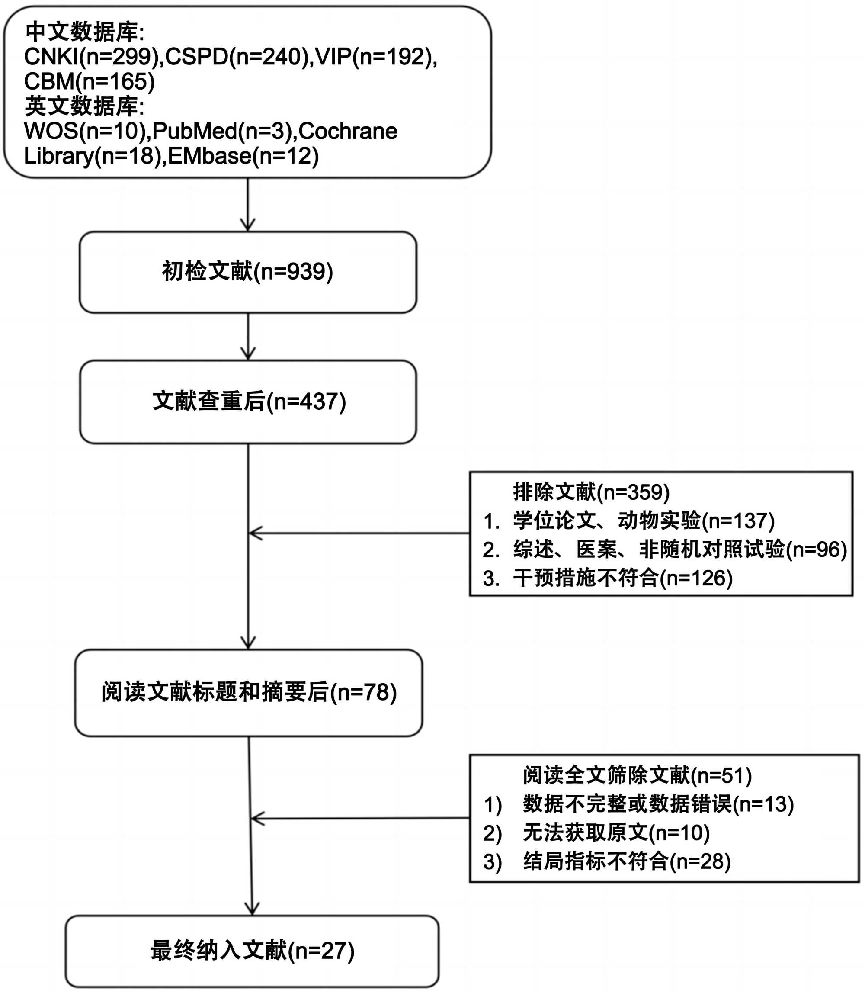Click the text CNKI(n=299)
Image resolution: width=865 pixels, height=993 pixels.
[x=92, y=57]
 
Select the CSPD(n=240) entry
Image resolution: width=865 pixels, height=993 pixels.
[x=237, y=57]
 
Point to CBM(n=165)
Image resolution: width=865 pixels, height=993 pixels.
[x=89, y=81]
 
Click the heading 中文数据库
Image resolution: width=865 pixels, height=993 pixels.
[x=84, y=32]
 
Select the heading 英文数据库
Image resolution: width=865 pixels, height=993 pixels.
[x=84, y=106]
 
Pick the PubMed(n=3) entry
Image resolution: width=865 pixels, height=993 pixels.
[x=222, y=131]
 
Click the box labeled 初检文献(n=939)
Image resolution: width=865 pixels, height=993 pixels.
[x=248, y=272]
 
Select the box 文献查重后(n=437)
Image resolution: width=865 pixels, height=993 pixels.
[x=248, y=402]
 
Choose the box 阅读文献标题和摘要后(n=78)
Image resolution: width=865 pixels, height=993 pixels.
[x=249, y=693]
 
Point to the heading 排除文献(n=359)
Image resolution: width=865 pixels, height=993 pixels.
[x=591, y=492]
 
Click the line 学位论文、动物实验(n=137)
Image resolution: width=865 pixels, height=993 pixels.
[x=644, y=521]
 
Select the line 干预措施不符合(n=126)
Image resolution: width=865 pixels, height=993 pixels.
[x=623, y=578]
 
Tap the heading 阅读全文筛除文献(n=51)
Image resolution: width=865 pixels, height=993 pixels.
[x=637, y=775]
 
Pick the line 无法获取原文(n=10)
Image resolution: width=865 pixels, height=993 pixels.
[x=616, y=832]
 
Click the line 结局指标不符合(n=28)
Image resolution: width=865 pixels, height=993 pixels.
[x=627, y=861]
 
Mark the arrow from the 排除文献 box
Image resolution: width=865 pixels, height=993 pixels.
[x=359, y=533]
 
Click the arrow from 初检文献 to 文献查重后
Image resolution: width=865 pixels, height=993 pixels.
[x=248, y=337]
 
